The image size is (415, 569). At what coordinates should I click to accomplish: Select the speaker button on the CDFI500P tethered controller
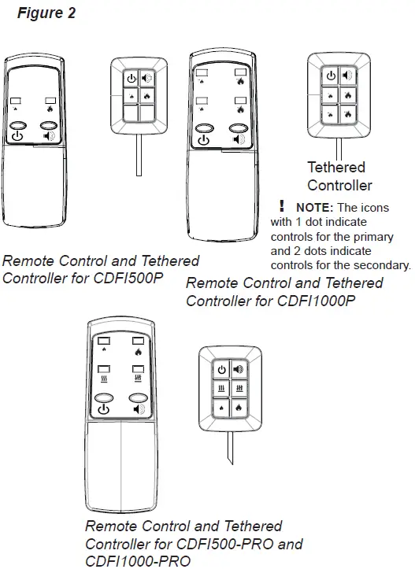(147, 79)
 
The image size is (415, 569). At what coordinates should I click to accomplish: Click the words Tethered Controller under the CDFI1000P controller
(339, 176)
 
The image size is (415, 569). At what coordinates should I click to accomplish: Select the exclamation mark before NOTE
(280, 206)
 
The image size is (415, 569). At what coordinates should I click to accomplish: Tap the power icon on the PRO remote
(105, 410)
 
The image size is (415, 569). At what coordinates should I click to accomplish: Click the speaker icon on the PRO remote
(139, 410)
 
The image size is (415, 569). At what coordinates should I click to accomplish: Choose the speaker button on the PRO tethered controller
(239, 368)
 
